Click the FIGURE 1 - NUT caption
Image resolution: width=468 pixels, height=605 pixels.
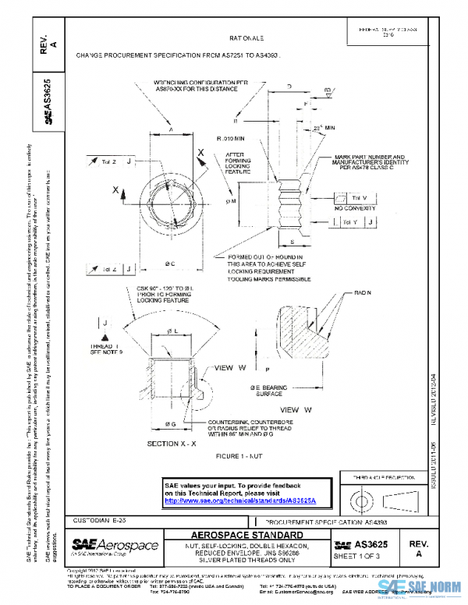click(246, 455)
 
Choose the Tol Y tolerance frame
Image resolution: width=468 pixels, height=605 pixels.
click(358, 223)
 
